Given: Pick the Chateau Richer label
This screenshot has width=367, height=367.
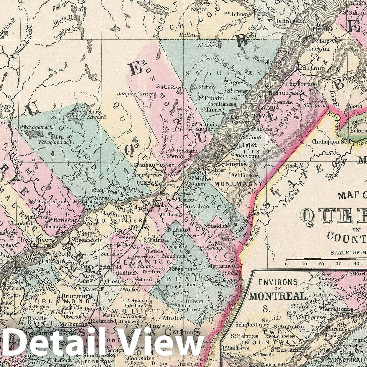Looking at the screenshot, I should (x=154, y=165).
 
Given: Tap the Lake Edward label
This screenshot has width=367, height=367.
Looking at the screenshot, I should (x=98, y=114).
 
